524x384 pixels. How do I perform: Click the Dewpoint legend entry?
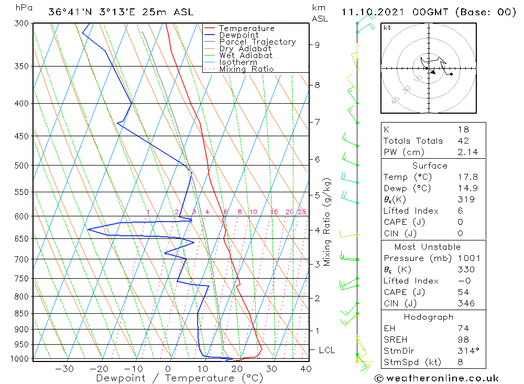(x=238, y=35)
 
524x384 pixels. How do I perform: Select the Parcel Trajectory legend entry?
(x=257, y=42)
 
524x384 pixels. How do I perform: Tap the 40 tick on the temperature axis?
(x=306, y=369)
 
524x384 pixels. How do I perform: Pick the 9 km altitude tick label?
(x=317, y=45)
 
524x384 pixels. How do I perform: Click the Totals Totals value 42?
(x=463, y=141)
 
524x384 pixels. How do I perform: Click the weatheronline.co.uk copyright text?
(x=436, y=378)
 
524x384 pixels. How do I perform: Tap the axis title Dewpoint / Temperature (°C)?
(x=179, y=378)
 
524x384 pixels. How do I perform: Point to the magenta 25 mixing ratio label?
(x=302, y=212)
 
